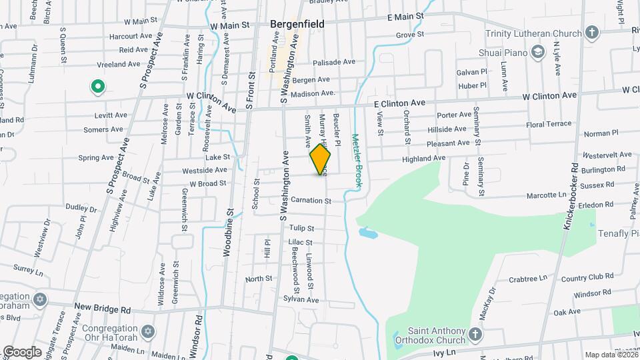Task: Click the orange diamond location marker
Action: pos(320,159)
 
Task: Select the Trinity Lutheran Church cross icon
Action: pos(591,32)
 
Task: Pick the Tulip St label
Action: pos(301,228)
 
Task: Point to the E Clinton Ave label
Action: pos(399,104)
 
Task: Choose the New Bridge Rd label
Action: pos(103,309)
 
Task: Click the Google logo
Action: pos(22,351)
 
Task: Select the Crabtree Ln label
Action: pos(527,278)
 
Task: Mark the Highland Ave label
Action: pos(423,158)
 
